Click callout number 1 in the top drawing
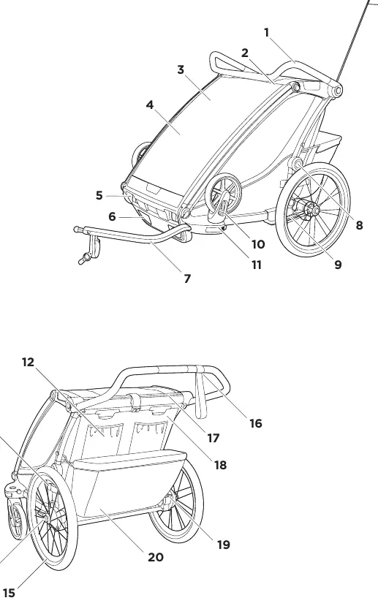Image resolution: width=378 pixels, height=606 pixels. [x=266, y=33]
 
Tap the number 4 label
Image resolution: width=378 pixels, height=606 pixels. [x=150, y=105]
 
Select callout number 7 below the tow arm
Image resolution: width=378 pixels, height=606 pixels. [x=187, y=279]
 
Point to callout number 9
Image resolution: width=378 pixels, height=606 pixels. [x=338, y=265]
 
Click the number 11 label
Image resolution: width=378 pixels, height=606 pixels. [x=257, y=265]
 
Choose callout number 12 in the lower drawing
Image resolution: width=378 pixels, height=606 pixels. [x=29, y=362]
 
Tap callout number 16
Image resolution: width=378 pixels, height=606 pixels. [x=255, y=423]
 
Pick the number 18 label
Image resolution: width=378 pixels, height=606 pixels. [x=220, y=465]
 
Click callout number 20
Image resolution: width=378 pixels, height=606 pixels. [x=156, y=557]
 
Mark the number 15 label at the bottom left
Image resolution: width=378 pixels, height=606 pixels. [x=9, y=593]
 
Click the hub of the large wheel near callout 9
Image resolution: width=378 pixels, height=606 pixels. [x=313, y=211]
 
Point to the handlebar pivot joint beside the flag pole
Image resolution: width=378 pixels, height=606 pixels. [x=336, y=91]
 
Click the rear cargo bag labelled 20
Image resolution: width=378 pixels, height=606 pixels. [x=129, y=485]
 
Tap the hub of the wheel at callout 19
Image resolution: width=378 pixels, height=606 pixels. [x=169, y=502]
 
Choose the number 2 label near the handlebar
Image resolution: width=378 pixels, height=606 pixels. [x=245, y=53]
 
